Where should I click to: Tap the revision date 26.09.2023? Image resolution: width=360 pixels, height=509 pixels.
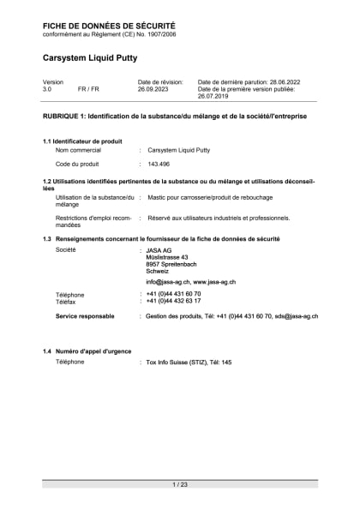click(154, 88)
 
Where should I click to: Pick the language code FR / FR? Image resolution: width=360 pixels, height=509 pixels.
click(88, 88)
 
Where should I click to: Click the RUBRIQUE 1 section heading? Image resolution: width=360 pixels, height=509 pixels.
click(174, 115)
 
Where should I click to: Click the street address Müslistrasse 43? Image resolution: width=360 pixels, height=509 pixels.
click(167, 256)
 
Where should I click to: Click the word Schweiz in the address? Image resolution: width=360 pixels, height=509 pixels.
click(157, 271)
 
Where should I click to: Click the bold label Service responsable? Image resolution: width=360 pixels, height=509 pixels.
click(85, 316)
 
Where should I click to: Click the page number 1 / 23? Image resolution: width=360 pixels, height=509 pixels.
click(180, 485)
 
